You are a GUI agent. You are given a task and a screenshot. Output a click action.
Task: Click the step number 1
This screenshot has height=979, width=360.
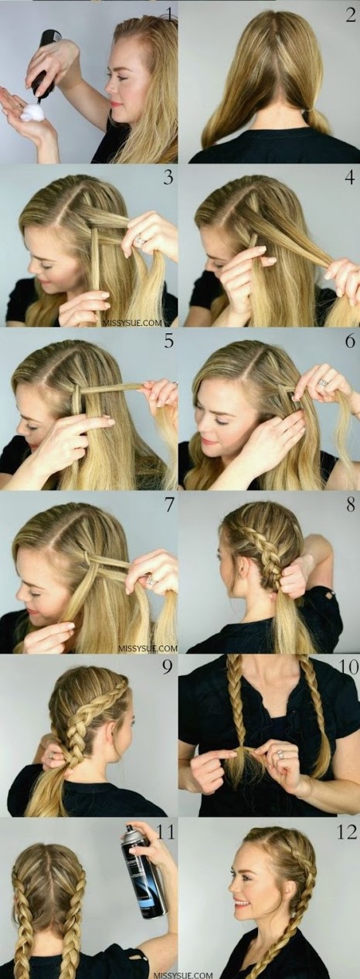(x=166, y=15)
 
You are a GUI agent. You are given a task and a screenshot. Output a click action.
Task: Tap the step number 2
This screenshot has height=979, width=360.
(x=349, y=15)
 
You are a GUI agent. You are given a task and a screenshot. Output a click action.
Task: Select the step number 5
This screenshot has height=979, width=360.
(x=168, y=341)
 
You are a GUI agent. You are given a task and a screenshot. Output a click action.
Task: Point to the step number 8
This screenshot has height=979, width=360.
(x=351, y=505)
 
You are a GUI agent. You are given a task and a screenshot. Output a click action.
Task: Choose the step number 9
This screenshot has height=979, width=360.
(x=168, y=668)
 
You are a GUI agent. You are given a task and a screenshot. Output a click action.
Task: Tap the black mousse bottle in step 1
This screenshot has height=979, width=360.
(x=45, y=65)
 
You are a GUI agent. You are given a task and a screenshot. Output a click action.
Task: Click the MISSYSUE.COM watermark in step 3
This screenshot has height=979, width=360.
(x=132, y=324)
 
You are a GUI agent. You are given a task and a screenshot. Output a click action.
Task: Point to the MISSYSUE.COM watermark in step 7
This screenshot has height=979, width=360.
(x=148, y=648)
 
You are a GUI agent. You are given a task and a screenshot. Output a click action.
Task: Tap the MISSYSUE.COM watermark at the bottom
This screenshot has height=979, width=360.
(x=183, y=974)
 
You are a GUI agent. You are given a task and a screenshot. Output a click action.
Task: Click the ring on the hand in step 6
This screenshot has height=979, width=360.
(x=324, y=382)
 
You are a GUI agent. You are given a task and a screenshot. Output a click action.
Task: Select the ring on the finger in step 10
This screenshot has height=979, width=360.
(x=281, y=754)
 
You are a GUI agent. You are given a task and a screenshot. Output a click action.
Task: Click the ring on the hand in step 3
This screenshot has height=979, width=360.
(x=141, y=240)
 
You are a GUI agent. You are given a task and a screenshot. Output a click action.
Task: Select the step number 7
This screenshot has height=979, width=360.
(x=168, y=505)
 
